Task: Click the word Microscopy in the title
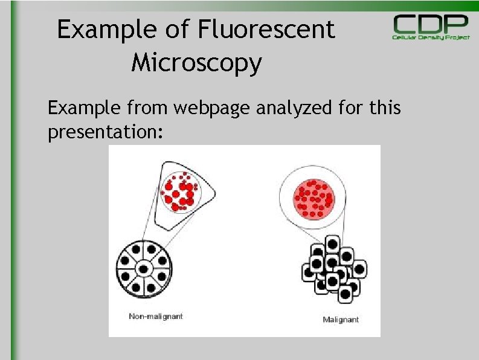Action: coord(196,62)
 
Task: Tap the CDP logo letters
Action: coord(431,25)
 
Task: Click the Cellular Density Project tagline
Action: coord(431,37)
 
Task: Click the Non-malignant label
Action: coord(155,316)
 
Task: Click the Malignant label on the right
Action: coord(341,320)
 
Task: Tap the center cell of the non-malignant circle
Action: coord(143,269)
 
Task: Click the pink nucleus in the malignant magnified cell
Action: coord(313,198)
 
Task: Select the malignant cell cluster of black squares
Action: coord(333,269)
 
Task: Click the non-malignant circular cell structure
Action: coord(143,269)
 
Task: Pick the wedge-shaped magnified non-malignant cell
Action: coord(182,188)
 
